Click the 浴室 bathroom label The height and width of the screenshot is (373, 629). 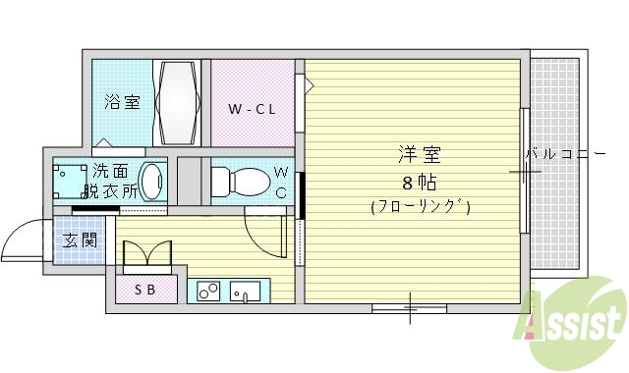123,101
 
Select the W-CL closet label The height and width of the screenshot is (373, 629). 251,108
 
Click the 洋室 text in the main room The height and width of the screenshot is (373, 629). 419,155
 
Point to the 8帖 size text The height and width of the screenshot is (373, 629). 419,183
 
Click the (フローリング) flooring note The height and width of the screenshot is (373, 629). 420,207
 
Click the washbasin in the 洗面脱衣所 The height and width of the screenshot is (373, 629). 151,182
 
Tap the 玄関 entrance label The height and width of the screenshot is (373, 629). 79,240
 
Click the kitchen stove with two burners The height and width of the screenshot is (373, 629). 209,291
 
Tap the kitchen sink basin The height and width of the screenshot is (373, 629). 247,291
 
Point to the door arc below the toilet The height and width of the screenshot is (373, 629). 263,232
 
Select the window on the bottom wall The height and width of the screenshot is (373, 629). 409,308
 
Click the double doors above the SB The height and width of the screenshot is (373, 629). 147,254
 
